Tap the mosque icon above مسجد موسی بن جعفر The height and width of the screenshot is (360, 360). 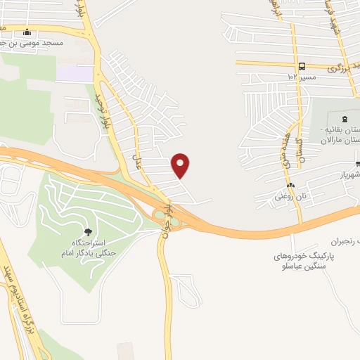point(27,32)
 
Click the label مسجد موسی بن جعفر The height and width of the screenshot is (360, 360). point(35,42)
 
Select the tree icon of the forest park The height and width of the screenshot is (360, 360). point(87,232)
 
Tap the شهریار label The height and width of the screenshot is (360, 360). point(348,174)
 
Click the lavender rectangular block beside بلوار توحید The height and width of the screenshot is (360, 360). point(75,74)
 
